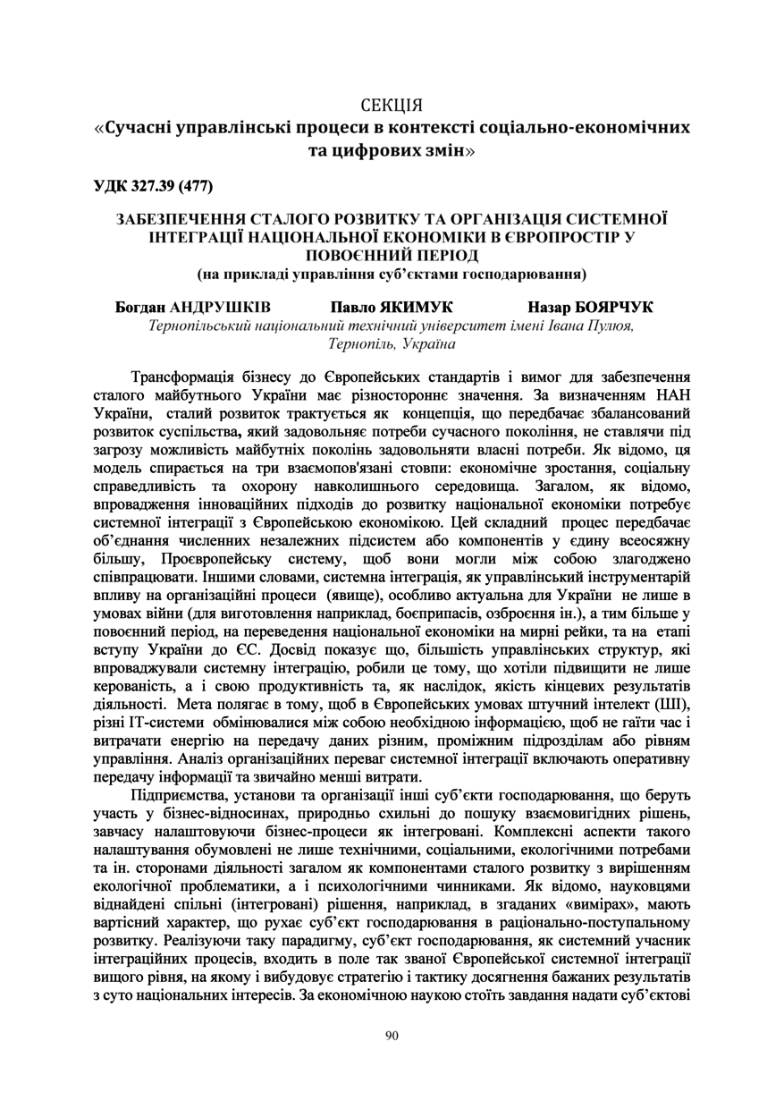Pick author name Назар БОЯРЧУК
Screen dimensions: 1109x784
coord(591,307)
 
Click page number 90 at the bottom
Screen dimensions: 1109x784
coord(392,1035)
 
